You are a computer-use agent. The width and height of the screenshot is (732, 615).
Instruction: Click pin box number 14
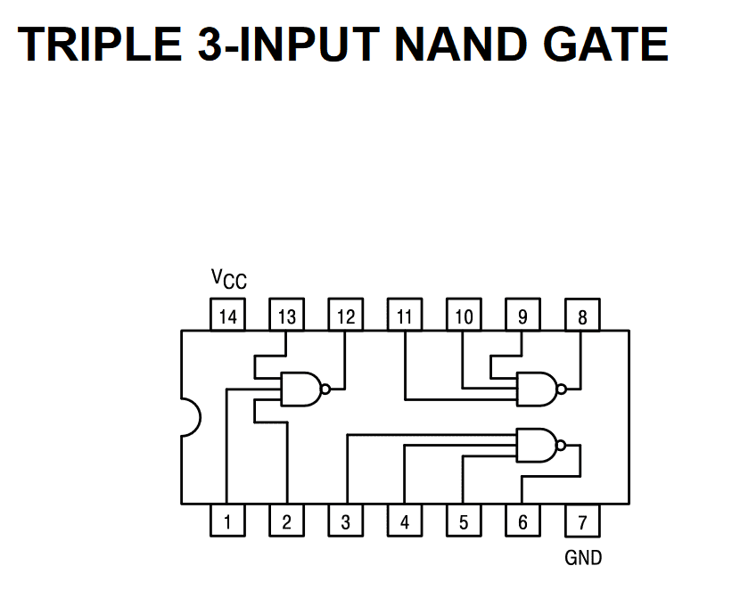227,316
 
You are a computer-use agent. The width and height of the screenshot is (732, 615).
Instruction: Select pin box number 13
286,316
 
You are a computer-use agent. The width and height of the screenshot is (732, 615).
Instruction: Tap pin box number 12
345,316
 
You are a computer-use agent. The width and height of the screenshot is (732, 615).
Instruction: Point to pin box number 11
405,316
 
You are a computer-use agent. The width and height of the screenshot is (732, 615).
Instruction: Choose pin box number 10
464,316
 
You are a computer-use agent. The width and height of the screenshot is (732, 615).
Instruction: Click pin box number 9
522,316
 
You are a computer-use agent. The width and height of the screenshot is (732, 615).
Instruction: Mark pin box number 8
582,316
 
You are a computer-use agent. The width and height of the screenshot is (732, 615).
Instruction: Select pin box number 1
227,522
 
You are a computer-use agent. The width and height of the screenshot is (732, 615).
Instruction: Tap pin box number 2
286,522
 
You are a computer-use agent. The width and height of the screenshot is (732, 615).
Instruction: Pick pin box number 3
345,522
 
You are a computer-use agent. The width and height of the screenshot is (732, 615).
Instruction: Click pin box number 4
405,522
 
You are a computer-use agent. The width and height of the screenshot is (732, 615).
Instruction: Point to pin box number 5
464,522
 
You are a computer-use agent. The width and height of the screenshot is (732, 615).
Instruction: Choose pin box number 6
522,522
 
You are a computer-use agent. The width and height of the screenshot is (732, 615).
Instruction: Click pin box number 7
582,522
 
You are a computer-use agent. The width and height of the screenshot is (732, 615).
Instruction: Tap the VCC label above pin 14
228,280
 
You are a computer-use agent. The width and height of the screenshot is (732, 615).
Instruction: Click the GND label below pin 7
583,559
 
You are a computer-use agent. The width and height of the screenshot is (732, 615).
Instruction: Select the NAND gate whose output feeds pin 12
301,389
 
